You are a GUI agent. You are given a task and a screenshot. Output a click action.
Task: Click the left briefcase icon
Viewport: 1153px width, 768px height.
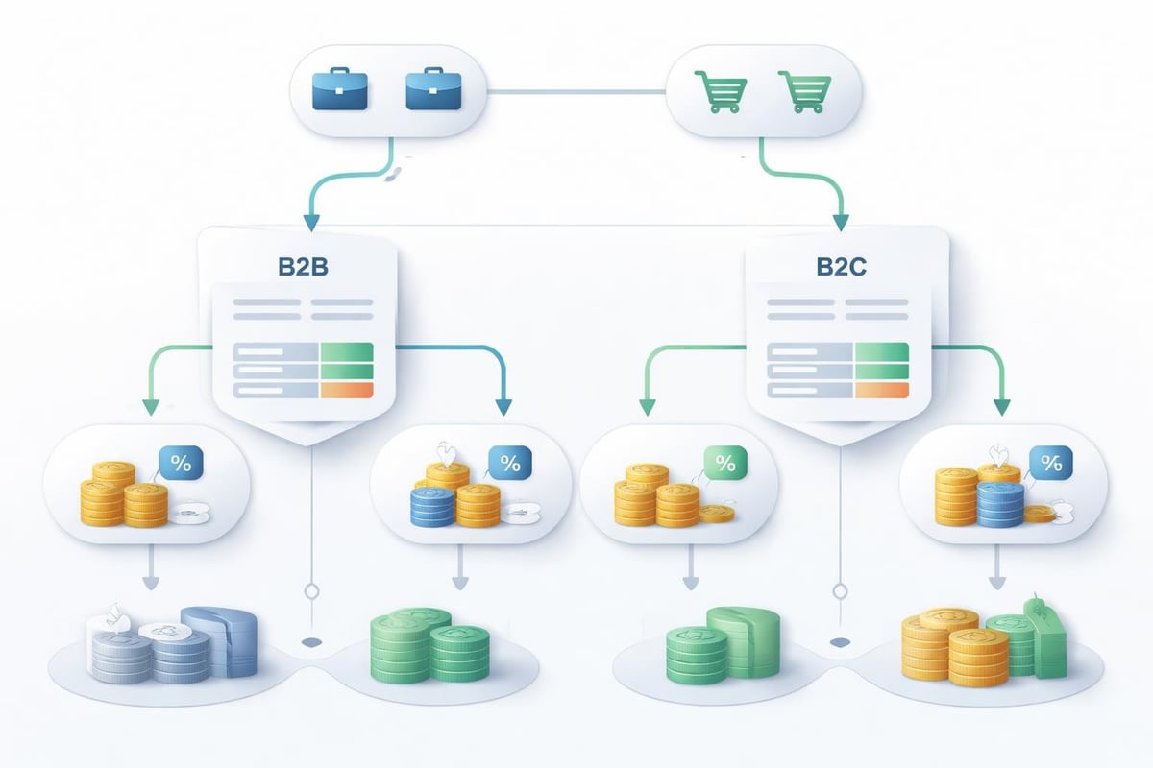coord(340,93)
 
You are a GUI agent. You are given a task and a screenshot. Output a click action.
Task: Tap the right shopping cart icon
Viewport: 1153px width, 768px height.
coord(805,93)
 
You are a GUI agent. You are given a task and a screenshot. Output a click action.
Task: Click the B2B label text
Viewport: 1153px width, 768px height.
coord(304,267)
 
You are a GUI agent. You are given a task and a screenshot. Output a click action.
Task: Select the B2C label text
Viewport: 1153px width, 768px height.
coord(841,267)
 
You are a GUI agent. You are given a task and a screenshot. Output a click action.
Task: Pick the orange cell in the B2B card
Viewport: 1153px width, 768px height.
coord(346,390)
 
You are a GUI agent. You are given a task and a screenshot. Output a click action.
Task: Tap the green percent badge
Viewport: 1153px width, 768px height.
coord(725,464)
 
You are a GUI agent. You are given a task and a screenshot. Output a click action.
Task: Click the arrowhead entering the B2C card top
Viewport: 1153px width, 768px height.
coord(840,221)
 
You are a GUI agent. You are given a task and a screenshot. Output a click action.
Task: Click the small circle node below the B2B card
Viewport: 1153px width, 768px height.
coord(309,590)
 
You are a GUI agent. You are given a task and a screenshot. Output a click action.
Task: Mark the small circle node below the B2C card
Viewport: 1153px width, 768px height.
coord(842,590)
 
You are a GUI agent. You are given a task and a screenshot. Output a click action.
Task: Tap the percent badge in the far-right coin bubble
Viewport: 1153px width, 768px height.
coord(1052,464)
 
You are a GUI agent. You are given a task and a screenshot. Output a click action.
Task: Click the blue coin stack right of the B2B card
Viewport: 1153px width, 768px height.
coord(432,506)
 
